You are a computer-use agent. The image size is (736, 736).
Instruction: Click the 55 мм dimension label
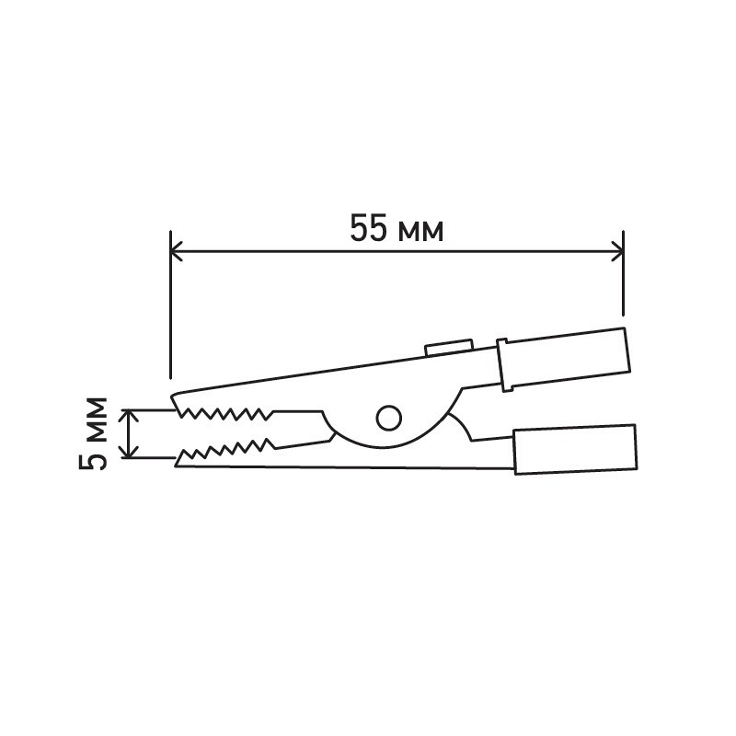(x=397, y=228)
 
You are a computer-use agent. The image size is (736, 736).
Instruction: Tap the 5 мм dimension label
(x=93, y=433)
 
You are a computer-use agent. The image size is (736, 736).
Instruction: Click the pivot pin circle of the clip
(x=389, y=418)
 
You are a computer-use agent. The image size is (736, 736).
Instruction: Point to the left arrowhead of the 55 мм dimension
(x=176, y=251)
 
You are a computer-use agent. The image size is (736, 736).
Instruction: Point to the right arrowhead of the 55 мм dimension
(x=617, y=251)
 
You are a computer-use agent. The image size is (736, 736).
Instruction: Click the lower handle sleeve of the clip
(x=576, y=449)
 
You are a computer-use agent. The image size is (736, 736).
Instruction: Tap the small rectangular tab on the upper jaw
(x=449, y=348)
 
